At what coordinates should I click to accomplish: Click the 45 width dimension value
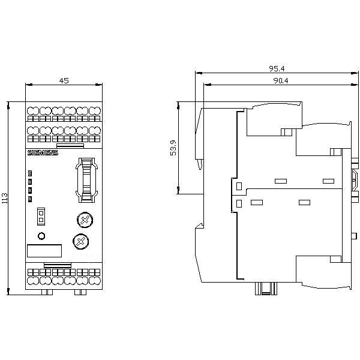click(64, 80)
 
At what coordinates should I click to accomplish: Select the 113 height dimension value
click(5, 198)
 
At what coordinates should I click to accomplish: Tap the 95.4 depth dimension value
click(277, 68)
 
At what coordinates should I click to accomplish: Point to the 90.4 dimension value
click(281, 80)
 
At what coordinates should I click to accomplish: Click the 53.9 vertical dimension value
click(173, 148)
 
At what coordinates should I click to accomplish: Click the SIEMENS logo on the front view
click(43, 153)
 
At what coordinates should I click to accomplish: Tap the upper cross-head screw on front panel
click(85, 220)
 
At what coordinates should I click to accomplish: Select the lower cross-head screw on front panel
click(81, 242)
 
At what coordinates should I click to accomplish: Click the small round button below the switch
click(41, 236)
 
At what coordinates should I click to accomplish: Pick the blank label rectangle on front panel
click(44, 251)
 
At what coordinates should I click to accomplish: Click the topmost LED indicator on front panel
click(30, 173)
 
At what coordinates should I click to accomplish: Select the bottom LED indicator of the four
click(30, 199)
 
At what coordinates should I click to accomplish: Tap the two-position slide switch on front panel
click(41, 217)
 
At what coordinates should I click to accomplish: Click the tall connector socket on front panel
click(87, 180)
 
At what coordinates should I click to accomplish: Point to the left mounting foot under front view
click(47, 292)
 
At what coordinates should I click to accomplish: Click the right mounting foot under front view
click(80, 292)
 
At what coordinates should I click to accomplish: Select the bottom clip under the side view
click(266, 289)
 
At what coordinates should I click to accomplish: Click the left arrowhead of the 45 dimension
click(28, 85)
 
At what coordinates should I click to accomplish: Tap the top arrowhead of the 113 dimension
click(8, 105)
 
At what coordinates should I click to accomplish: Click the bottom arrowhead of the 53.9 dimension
click(178, 191)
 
